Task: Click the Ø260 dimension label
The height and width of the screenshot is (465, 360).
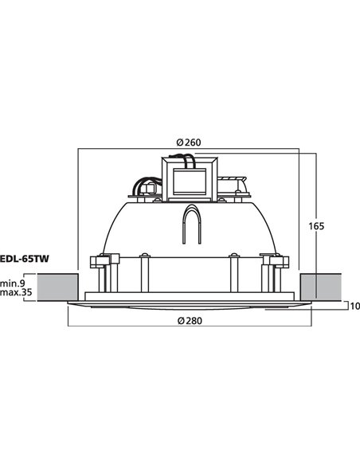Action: [x=188, y=143]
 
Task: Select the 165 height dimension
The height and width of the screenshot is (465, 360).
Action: [x=317, y=227]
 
